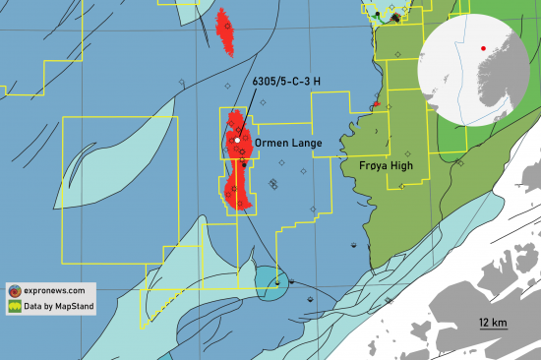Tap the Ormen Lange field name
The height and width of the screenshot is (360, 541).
[288, 144]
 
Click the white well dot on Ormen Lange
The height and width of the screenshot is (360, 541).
[237, 141]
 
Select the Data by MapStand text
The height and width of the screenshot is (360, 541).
[64, 308]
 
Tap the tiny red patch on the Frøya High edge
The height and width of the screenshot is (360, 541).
[376, 103]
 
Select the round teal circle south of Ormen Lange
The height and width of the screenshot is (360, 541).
[272, 281]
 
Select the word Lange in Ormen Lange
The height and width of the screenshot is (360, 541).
[304, 144]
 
